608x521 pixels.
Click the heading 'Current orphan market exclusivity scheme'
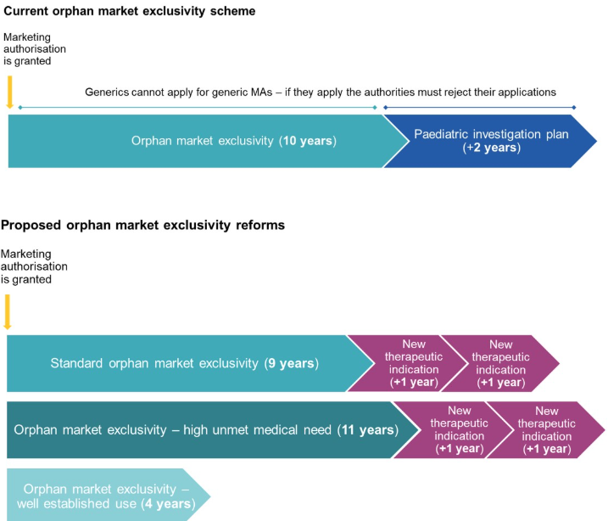tap(128, 12)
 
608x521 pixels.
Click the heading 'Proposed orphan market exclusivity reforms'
tap(142, 225)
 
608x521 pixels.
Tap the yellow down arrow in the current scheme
tap(9, 92)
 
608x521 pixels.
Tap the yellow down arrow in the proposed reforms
tap(8, 311)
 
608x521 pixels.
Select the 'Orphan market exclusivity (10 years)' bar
tap(195, 141)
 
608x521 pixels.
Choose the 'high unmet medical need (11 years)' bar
tap(204, 430)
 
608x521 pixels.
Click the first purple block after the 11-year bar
tap(458, 430)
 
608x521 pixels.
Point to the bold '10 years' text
tap(308, 141)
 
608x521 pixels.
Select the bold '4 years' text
tap(167, 504)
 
